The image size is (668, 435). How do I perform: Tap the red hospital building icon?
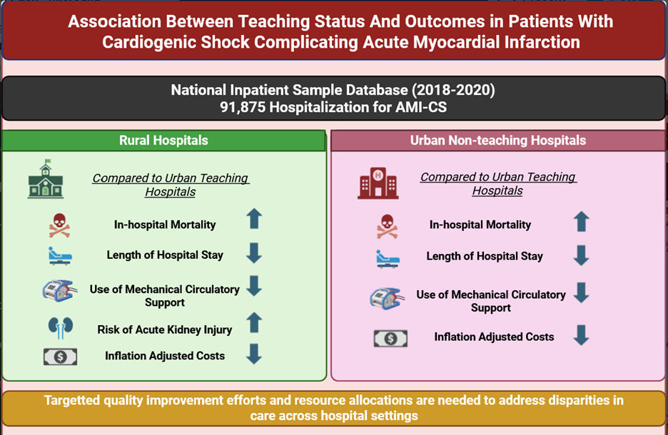(378, 183)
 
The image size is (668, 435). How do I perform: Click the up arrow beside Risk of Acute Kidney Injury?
(254, 322)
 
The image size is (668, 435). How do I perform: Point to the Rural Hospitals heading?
(163, 140)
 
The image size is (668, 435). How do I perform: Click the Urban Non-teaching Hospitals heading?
(498, 140)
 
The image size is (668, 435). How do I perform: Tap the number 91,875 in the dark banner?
(243, 107)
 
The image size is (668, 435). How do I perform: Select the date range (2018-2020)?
(453, 91)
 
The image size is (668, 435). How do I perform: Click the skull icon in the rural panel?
(60, 225)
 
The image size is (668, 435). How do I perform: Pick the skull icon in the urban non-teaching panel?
(388, 226)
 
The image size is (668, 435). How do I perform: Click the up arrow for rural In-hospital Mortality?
(254, 218)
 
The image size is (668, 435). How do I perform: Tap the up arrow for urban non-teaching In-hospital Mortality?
(582, 221)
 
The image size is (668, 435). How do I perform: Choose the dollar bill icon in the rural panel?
(61, 357)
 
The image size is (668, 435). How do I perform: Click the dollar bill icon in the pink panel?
(390, 339)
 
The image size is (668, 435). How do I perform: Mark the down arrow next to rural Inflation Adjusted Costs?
(254, 354)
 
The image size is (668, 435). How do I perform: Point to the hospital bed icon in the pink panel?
(388, 259)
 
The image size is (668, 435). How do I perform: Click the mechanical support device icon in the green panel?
(60, 291)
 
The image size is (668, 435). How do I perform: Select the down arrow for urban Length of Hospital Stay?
(582, 255)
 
